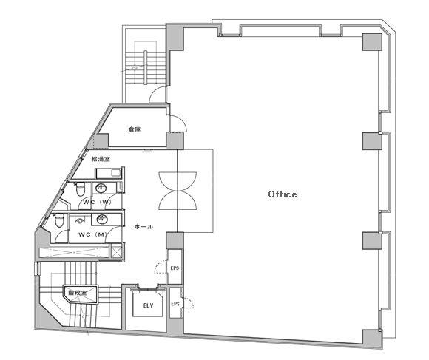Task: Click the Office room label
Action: (283, 194)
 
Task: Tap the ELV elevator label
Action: (148, 305)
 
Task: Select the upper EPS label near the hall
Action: (175, 268)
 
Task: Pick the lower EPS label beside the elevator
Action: (175, 304)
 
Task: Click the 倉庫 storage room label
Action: (135, 129)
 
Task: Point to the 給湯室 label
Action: (101, 159)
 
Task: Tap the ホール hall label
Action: (143, 227)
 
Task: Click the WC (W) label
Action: (98, 203)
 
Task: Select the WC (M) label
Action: (92, 234)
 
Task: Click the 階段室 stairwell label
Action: (78, 293)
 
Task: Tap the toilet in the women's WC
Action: (80, 189)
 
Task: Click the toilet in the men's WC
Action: (59, 220)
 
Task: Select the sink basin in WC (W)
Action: (101, 188)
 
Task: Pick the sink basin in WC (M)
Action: (102, 220)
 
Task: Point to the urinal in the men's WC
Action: (80, 220)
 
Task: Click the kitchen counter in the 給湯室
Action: (108, 173)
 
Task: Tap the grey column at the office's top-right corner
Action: (372, 42)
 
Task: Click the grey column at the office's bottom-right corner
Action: (372, 338)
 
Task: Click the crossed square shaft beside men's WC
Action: (117, 251)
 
